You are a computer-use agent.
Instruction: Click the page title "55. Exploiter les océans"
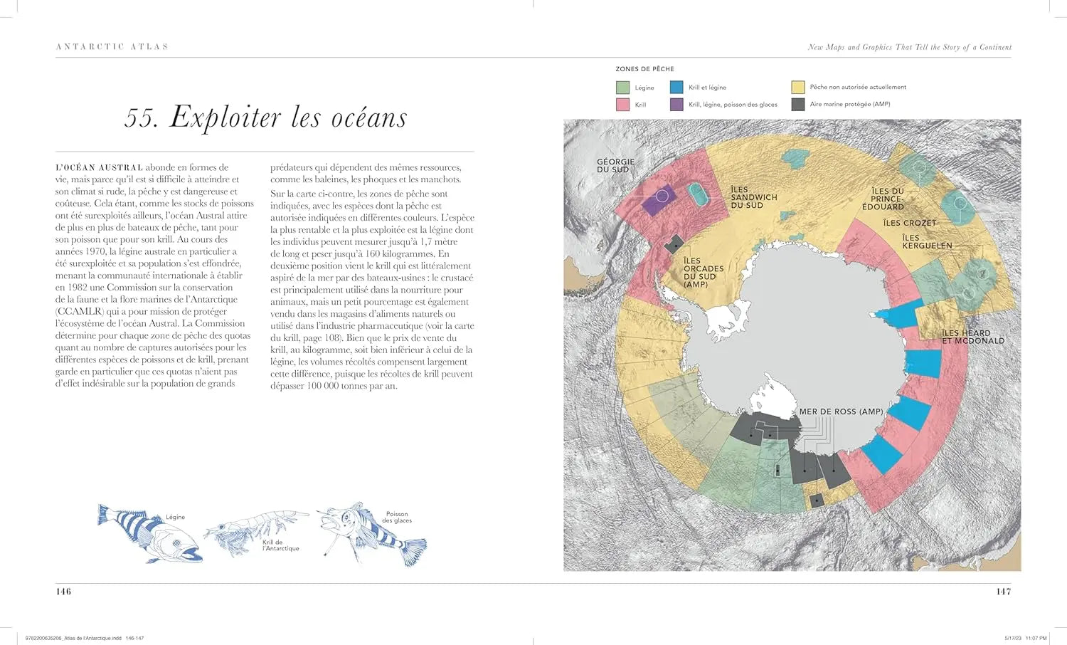(265, 117)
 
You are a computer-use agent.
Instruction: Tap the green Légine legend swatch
(622, 88)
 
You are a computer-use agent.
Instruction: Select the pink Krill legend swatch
(622, 105)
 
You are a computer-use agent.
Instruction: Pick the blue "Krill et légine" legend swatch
(676, 88)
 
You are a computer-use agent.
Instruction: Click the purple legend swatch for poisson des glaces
(676, 105)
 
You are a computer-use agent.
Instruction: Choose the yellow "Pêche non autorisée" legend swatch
(797, 87)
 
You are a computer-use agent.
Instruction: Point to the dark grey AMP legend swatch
(797, 104)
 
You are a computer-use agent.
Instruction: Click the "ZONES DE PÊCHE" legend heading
(644, 69)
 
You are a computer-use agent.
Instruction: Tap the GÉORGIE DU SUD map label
(615, 166)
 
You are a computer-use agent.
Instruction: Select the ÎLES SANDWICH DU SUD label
(753, 197)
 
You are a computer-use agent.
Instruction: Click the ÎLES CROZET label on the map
(909, 223)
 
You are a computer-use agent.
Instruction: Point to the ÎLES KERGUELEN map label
(926, 241)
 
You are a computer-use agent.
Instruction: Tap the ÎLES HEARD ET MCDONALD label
(972, 337)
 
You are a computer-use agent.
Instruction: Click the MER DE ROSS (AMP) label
(840, 411)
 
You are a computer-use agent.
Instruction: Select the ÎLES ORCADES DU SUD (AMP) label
(703, 273)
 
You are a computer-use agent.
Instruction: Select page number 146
(63, 592)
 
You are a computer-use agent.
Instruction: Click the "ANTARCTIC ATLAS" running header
(112, 47)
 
